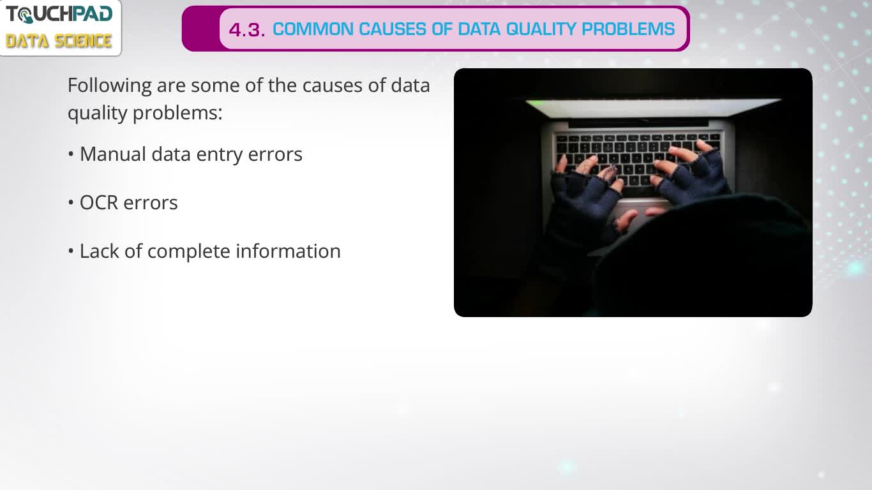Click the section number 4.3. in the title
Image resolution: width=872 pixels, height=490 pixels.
pos(247,30)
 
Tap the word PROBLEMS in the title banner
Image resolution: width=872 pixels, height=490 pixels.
pos(628,29)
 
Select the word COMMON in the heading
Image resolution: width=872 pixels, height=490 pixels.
pos(313,29)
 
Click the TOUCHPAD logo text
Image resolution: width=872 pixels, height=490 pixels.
pos(59,15)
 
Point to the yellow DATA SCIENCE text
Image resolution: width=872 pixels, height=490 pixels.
pos(59,41)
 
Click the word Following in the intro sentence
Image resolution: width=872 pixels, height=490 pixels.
pos(109,86)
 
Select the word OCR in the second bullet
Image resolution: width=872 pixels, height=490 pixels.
pos(98,203)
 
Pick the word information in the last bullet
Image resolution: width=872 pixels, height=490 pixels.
pos(288,251)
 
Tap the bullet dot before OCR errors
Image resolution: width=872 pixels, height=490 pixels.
pos(70,203)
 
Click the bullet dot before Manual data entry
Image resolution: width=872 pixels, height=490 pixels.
pos(70,154)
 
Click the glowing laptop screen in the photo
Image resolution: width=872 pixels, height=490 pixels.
pos(653,107)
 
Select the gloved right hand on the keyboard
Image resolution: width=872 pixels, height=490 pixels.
pos(689,171)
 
